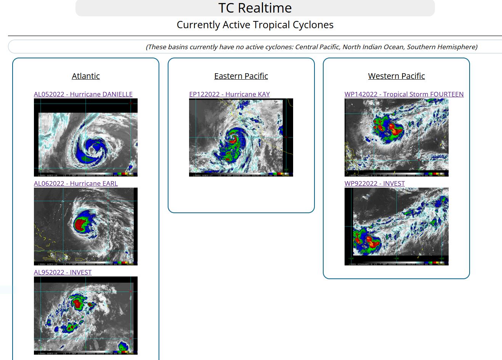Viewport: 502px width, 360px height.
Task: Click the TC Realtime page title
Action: click(x=255, y=8)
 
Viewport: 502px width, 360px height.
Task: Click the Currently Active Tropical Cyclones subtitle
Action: click(x=255, y=25)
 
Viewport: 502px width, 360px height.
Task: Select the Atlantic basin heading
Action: click(x=86, y=76)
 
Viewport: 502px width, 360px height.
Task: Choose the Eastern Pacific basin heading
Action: click(x=241, y=76)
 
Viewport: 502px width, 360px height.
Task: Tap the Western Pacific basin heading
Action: click(x=396, y=76)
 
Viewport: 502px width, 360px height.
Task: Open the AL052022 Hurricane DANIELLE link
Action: click(x=83, y=94)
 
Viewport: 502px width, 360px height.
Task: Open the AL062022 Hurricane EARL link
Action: click(x=76, y=183)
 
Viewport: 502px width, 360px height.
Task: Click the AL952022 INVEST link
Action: click(x=63, y=272)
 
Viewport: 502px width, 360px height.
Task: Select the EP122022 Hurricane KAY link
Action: click(x=229, y=94)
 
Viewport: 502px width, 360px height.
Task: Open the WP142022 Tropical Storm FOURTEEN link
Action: click(x=404, y=94)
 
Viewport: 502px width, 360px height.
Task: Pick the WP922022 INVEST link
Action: click(x=375, y=183)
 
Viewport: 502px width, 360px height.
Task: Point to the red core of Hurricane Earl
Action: click(x=80, y=223)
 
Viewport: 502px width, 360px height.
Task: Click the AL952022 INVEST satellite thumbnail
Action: click(x=86, y=316)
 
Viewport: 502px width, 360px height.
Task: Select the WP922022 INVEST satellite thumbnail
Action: click(x=396, y=227)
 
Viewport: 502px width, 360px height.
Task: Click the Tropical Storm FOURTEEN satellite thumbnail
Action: click(x=396, y=137)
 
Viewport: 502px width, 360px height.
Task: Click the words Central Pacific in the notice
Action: click(x=317, y=47)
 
